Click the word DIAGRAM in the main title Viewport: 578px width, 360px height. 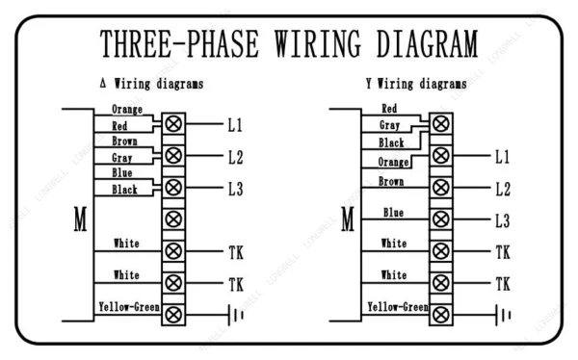[x=427, y=43]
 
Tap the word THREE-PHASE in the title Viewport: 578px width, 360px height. [x=179, y=44]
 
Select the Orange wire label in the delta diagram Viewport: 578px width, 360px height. [x=127, y=110]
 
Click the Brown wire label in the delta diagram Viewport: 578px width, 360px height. [x=124, y=141]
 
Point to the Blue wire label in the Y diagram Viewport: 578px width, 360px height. [x=393, y=212]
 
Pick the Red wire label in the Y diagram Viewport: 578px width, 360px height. [x=389, y=109]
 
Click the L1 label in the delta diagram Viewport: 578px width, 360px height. [x=235, y=125]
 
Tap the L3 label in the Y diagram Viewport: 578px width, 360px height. [x=503, y=221]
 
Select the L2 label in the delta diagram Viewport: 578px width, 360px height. [x=236, y=157]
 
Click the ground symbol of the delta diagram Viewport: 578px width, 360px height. [x=235, y=315]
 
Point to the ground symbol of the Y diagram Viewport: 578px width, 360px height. [x=503, y=315]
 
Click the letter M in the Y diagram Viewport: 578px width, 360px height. [x=348, y=219]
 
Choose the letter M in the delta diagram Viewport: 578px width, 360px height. [x=80, y=219]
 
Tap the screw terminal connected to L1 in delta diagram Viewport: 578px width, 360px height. [x=173, y=123]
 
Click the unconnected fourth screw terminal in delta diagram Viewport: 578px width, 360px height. [x=173, y=219]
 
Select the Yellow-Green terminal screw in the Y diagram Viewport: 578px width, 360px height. [x=441, y=315]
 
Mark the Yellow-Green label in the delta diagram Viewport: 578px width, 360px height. [x=129, y=307]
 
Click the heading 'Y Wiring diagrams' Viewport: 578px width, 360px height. [x=416, y=84]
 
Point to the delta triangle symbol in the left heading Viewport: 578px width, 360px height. [x=103, y=83]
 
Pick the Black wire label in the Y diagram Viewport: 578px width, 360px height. [x=391, y=142]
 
